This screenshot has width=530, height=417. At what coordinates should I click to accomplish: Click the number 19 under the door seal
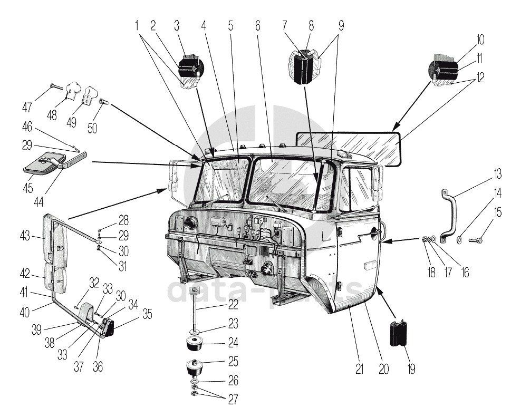pos(410,368)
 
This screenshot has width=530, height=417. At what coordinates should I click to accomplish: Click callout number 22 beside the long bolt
pos(233,304)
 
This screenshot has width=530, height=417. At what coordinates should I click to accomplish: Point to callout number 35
pos(147,315)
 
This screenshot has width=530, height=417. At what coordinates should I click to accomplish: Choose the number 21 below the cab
pos(359,368)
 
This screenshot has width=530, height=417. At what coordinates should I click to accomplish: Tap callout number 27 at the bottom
pos(233,399)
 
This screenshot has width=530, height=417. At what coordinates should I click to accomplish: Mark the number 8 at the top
pos(311,25)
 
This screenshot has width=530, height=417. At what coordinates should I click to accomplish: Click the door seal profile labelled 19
pos(400,333)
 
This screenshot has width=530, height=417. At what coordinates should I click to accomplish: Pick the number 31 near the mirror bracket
pos(122,267)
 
